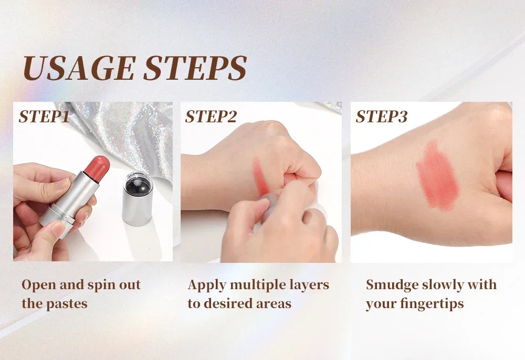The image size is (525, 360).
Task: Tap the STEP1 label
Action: [44, 117]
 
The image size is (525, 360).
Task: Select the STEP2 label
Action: [211, 117]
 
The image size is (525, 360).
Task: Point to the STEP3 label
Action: [382, 117]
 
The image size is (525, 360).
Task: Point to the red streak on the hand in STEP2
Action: [260, 176]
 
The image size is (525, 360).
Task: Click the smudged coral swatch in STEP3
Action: [437, 176]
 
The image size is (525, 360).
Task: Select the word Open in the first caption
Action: [38, 285]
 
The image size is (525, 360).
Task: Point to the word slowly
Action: [443, 285]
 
